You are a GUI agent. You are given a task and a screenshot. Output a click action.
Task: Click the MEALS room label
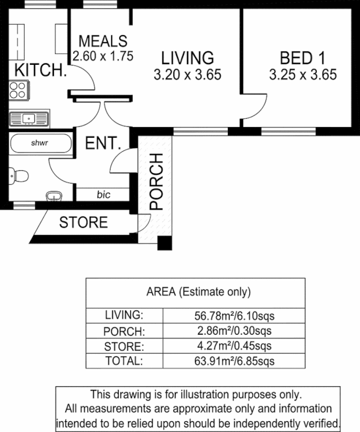click(x=103, y=41)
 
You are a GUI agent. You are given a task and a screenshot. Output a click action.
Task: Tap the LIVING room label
click(x=187, y=57)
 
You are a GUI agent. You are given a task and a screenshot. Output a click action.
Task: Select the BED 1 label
click(x=303, y=57)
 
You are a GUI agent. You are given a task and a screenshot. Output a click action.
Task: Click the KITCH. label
click(x=40, y=70)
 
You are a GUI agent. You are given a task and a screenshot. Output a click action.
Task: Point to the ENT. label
click(x=103, y=144)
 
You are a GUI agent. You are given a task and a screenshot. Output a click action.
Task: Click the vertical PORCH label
click(x=155, y=181)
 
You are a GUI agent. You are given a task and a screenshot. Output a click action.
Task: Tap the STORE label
click(x=83, y=222)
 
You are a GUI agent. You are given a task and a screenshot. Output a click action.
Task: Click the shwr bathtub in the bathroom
click(x=40, y=144)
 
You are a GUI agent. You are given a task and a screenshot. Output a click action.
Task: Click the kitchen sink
click(x=29, y=117)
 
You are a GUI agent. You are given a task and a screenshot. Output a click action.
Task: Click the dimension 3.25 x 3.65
click(x=303, y=75)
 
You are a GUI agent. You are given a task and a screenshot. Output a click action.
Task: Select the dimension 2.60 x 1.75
click(x=103, y=55)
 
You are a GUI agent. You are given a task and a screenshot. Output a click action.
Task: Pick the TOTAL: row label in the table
click(x=124, y=361)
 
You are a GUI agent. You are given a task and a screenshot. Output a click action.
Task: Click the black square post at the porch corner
click(x=164, y=244)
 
